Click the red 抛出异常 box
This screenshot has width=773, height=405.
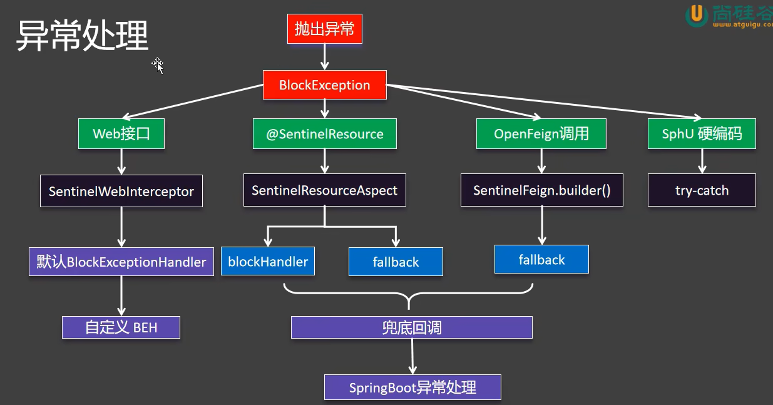click(325, 29)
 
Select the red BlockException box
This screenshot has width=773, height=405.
click(324, 85)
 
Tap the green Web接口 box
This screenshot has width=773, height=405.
click(121, 134)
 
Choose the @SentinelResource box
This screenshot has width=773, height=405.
click(324, 134)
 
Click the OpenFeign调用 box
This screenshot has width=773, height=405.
click(541, 134)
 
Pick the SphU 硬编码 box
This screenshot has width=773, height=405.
click(701, 134)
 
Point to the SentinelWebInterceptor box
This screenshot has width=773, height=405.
click(121, 192)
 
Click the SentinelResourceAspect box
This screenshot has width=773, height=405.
click(324, 190)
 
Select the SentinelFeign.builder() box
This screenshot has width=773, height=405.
click(541, 190)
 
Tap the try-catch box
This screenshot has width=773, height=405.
click(702, 190)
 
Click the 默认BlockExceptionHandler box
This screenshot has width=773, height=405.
click(121, 262)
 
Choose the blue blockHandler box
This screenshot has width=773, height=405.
click(268, 262)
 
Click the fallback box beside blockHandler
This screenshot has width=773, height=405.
click(396, 262)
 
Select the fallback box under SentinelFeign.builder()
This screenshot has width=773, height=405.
click(541, 259)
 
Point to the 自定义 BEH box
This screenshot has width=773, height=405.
click(121, 327)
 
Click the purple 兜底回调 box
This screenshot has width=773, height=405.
click(411, 327)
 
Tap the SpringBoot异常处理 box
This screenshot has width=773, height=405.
click(412, 387)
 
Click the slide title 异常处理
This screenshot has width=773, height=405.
click(82, 35)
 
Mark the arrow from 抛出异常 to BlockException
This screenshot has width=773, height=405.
click(324, 57)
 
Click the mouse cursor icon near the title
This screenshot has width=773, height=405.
click(158, 64)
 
